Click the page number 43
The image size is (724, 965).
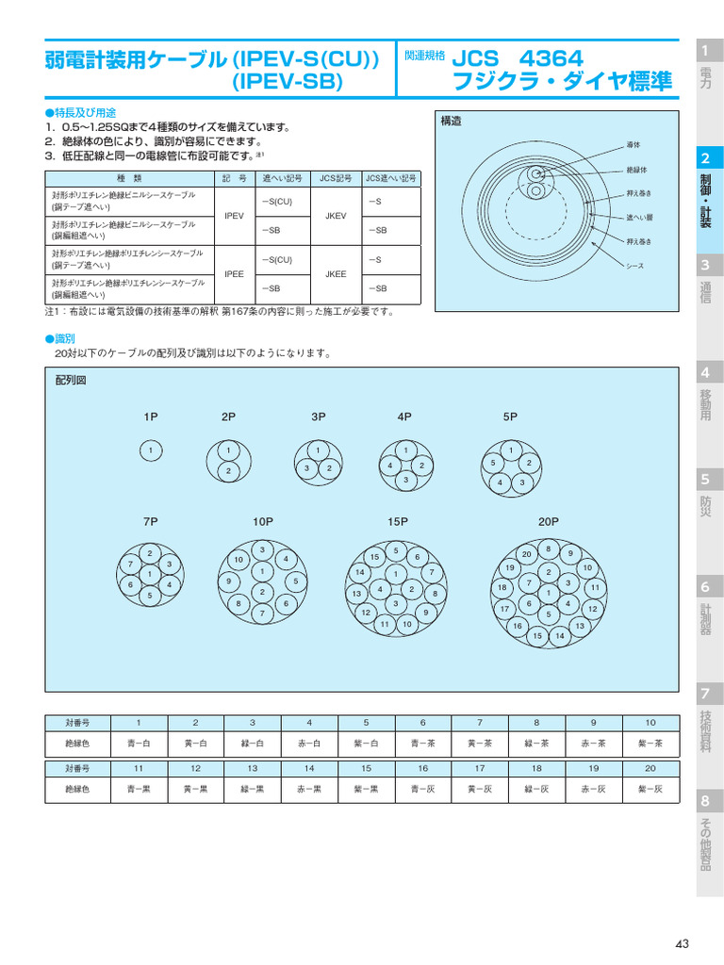coord(683,944)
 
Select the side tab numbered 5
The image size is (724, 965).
coord(705,480)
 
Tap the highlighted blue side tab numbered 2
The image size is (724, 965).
coord(705,157)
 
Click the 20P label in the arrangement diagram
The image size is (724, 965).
coord(549,521)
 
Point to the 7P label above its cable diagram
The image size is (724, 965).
coord(150,521)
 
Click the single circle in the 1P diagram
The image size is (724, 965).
coord(151,451)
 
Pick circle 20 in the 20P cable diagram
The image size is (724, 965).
coord(527,554)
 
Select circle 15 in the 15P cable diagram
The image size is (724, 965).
coord(374,558)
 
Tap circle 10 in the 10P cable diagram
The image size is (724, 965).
coord(239,560)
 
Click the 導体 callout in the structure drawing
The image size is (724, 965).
coord(633,144)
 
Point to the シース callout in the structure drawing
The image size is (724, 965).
coord(635,266)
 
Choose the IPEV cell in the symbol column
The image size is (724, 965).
coord(235,216)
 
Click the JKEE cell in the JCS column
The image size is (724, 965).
coord(336,273)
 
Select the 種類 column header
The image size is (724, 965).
coord(129,177)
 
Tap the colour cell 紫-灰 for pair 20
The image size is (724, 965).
coord(650,788)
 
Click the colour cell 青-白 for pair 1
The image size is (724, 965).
coord(139,743)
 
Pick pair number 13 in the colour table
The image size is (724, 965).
coord(253,768)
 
